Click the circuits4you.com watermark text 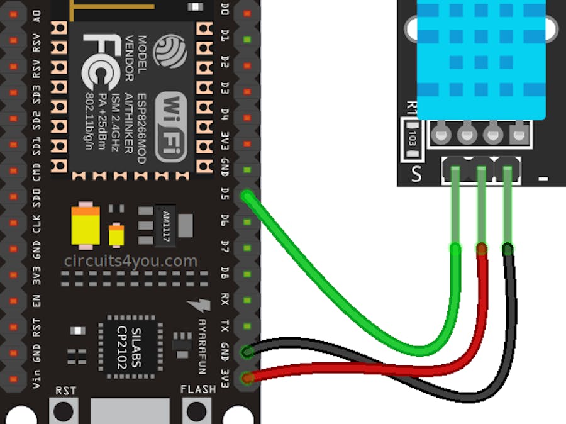130,261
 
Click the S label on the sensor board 416,174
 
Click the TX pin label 225,325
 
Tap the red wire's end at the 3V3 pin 248,377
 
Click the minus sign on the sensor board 543,179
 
